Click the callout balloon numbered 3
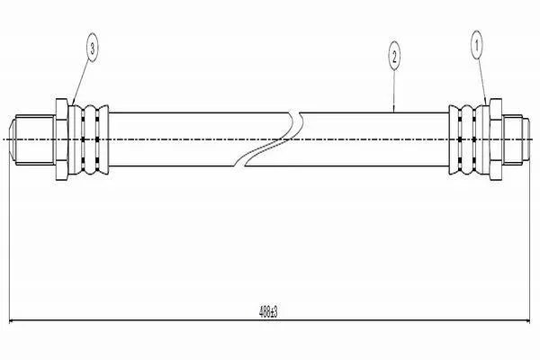point(92,49)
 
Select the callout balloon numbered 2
point(394,56)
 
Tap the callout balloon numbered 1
point(477,45)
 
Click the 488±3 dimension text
point(268,312)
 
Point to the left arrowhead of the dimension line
point(12,320)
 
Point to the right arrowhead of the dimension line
point(526,320)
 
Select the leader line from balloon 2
point(394,91)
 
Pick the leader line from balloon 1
point(481,82)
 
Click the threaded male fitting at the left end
point(32,139)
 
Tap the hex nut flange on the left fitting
point(62,139)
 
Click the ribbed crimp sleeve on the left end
point(88,139)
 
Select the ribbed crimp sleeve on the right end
point(469,139)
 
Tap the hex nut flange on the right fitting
point(496,139)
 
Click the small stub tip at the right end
point(526,139)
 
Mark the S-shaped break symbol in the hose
point(268,139)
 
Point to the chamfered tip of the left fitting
point(12,139)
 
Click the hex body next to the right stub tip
point(512,139)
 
